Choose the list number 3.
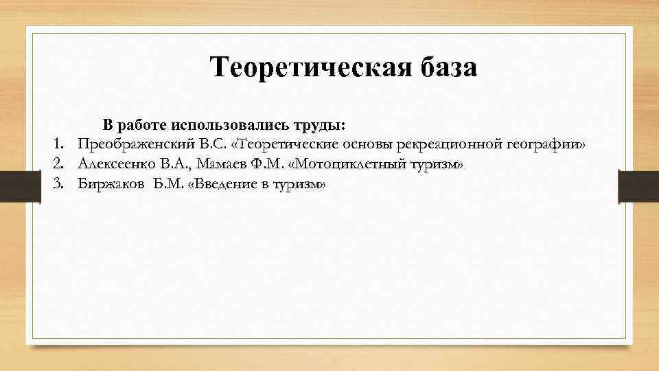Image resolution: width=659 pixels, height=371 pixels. (x=58, y=184)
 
